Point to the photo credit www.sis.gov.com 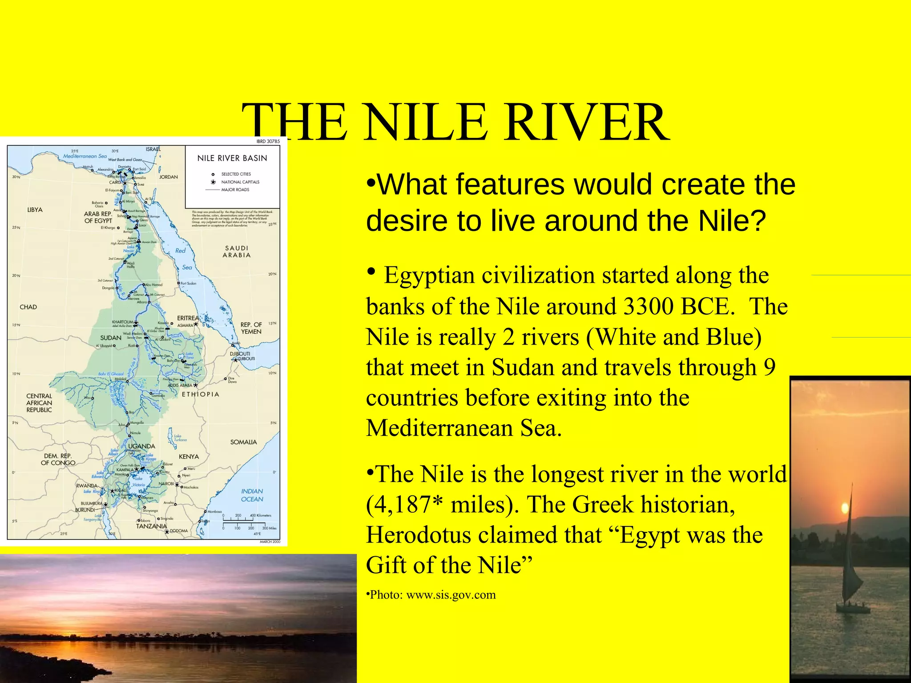point(451,595)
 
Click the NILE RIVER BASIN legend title point(232,158)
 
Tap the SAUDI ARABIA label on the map point(237,252)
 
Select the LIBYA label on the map point(35,210)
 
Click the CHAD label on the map point(28,307)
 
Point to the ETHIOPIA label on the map point(200,394)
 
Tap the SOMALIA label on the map point(243,442)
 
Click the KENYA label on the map point(189,457)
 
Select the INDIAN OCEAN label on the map point(252,495)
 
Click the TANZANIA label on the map point(151,526)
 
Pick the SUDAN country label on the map point(111,338)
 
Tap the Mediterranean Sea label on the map point(85,156)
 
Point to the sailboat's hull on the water point(853,608)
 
